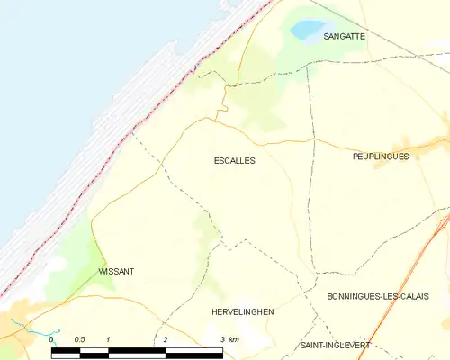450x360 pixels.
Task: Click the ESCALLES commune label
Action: (234, 160)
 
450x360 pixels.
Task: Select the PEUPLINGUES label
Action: (381, 156)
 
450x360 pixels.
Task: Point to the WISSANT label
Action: (116, 270)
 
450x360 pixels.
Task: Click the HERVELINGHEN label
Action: (241, 311)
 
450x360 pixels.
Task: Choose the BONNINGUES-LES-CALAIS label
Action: (377, 296)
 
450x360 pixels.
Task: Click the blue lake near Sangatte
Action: (308, 30)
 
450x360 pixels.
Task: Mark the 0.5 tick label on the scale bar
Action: (80, 338)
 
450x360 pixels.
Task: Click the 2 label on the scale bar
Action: (166, 338)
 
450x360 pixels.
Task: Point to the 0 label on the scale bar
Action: (51, 338)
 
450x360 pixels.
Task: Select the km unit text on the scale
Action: (234, 338)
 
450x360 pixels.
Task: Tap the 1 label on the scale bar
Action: (108, 338)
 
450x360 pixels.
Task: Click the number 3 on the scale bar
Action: (222, 338)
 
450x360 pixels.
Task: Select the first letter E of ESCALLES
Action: (217, 160)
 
